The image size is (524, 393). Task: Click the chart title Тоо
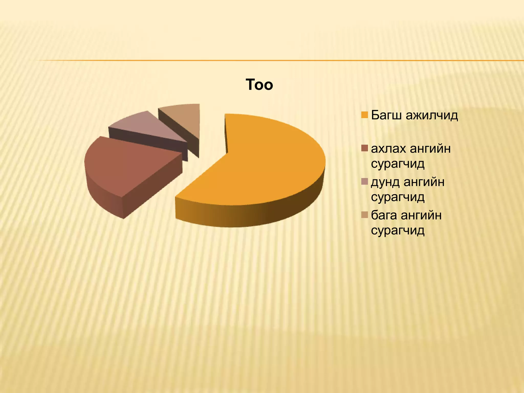coord(259,85)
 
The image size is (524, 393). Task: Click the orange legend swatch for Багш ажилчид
coord(365,115)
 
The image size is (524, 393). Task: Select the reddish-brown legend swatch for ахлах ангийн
coord(365,148)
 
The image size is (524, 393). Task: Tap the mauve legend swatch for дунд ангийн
coord(365,181)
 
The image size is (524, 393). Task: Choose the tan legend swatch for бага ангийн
coord(365,215)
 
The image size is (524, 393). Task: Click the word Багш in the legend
coord(387,115)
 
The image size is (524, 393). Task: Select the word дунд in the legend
coord(385,182)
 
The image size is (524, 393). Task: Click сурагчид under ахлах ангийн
coord(398,164)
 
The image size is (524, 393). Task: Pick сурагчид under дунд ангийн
coord(398,197)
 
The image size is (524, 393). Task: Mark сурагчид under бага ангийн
coord(398,230)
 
